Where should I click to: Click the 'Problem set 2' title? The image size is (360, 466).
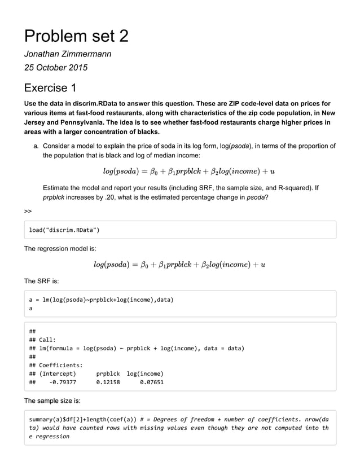(76, 36)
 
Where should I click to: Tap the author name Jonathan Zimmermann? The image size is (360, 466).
(68, 54)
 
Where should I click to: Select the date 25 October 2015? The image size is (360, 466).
(55, 68)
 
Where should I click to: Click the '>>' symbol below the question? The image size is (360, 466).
(28, 211)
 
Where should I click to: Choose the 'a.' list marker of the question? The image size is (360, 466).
(36, 146)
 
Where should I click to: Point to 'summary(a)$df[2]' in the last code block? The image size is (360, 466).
(56, 420)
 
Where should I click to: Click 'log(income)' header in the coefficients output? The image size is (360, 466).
(145, 373)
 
